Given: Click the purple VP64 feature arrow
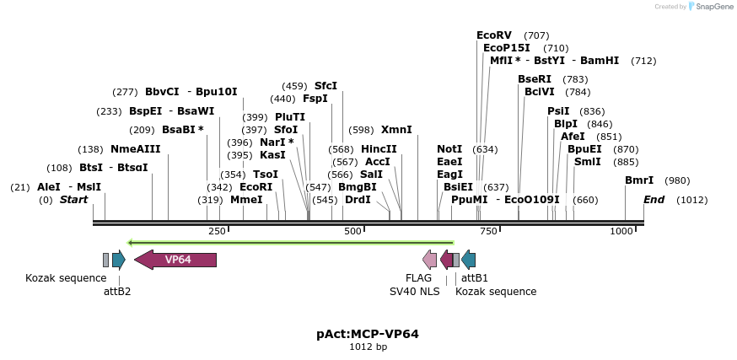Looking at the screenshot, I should click(x=175, y=260).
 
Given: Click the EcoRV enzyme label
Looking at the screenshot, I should click(x=494, y=35).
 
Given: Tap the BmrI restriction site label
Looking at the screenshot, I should click(x=639, y=180).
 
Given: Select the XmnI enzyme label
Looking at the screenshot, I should click(x=396, y=130).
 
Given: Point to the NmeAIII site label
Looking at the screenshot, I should click(x=135, y=149).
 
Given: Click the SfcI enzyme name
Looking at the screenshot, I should click(x=325, y=86).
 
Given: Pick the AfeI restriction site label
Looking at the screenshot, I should click(x=573, y=137).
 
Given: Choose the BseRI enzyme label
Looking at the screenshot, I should click(x=535, y=79).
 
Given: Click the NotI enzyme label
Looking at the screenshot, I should click(x=449, y=149).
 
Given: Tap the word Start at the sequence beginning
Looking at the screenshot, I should click(x=73, y=200).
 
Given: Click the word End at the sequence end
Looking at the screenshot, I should click(x=654, y=200).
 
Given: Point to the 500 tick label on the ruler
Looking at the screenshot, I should click(x=352, y=231).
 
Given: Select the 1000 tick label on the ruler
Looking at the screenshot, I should click(x=621, y=231).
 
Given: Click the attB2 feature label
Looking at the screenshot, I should click(x=117, y=292).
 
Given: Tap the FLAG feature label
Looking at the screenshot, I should click(x=418, y=277).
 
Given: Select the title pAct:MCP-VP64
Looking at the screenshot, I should click(x=368, y=333).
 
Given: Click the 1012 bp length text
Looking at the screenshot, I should click(x=368, y=347).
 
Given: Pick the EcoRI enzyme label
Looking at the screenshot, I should click(x=256, y=187).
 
